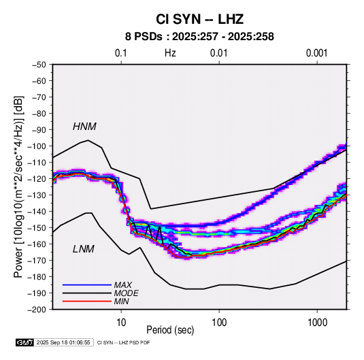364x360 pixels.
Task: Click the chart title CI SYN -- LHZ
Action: point(199,19)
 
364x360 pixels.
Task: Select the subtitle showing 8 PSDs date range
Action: point(199,37)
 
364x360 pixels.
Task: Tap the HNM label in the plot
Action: point(84,127)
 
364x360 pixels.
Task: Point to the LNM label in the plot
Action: point(84,249)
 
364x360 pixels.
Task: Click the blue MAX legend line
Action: point(87,284)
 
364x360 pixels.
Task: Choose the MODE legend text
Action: point(127,293)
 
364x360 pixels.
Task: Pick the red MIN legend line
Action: point(87,301)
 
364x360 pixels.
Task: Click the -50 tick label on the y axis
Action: point(39,65)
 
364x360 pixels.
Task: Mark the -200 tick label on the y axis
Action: point(37,310)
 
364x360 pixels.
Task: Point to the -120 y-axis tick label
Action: point(37,179)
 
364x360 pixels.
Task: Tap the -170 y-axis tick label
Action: point(37,261)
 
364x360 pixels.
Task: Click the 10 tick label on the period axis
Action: point(121,323)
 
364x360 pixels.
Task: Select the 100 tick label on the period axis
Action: point(219,323)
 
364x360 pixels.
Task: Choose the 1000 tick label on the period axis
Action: point(317,323)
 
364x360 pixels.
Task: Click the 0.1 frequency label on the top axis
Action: point(121,53)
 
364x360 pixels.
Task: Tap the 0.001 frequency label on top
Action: point(317,53)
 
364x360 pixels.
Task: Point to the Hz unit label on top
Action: point(170,53)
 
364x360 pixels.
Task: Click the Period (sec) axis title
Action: point(170,330)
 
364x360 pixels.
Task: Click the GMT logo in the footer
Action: point(24,342)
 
